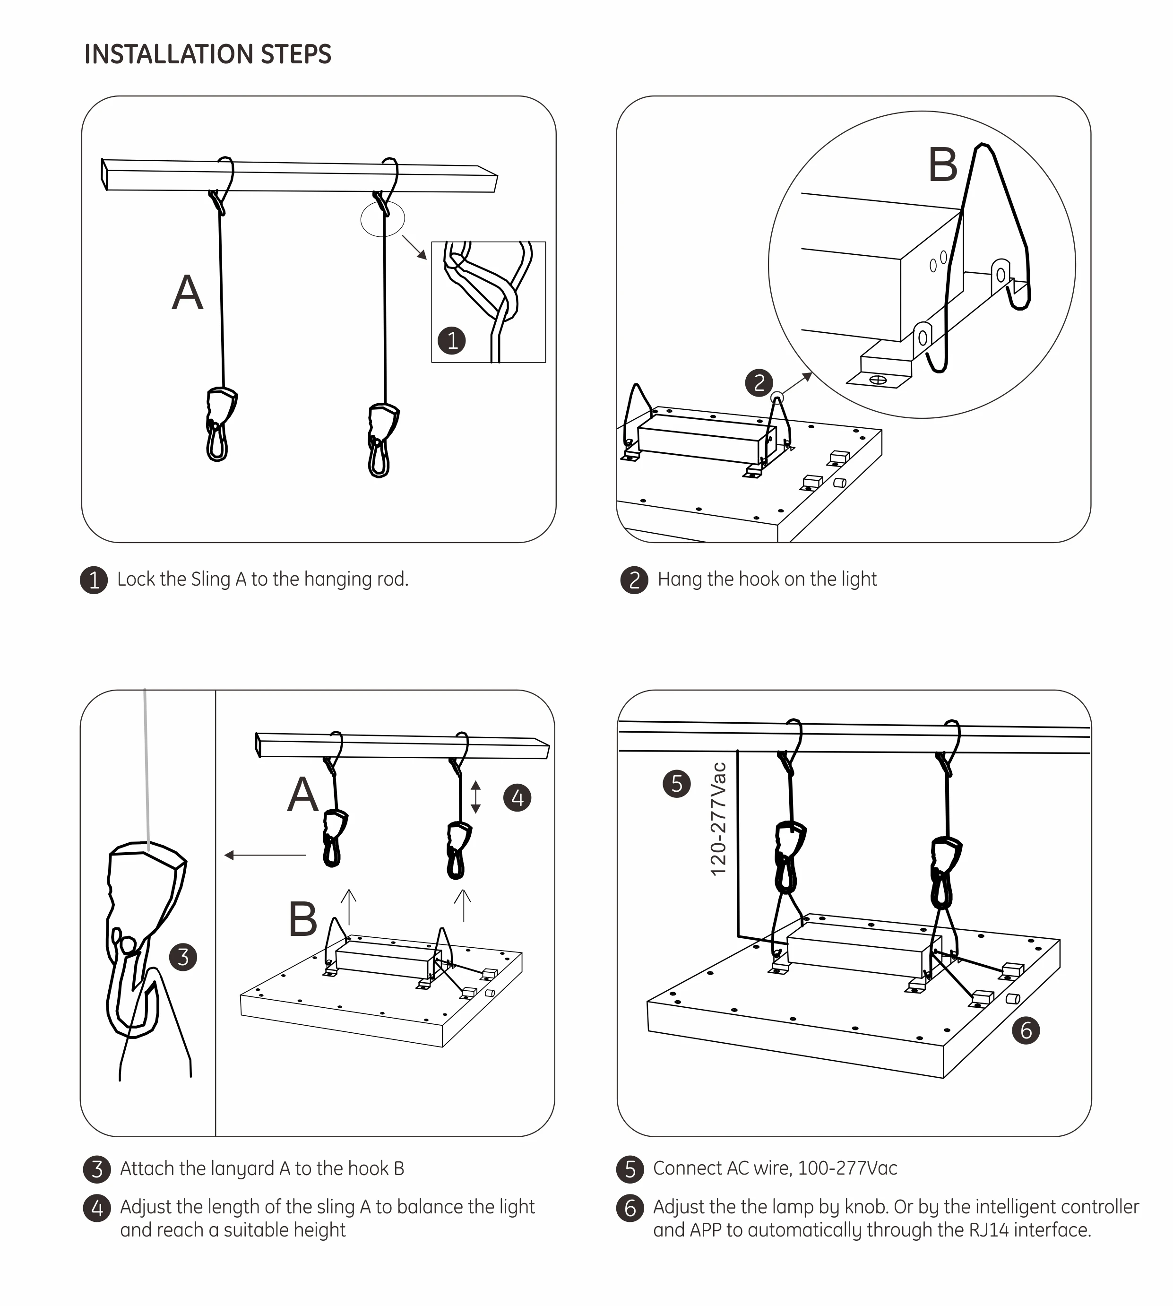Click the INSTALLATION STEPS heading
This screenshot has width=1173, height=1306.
tap(207, 54)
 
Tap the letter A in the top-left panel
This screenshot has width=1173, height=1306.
tap(188, 294)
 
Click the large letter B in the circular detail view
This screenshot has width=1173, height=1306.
tap(942, 165)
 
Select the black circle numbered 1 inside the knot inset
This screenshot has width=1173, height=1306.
tap(452, 340)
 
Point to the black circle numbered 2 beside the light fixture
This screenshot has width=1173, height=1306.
tap(759, 382)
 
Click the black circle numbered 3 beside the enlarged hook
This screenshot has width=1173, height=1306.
tap(183, 957)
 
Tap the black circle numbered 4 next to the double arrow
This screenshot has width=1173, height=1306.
tap(517, 798)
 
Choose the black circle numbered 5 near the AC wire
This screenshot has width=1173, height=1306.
tap(676, 784)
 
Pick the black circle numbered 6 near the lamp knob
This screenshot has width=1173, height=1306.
tap(1026, 1030)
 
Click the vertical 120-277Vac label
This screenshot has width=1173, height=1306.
tap(718, 819)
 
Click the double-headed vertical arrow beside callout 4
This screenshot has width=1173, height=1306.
tap(475, 797)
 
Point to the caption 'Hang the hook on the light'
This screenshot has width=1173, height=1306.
tap(767, 579)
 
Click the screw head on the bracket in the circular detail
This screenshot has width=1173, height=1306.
tap(878, 380)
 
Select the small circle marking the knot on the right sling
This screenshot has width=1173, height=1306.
tap(382, 219)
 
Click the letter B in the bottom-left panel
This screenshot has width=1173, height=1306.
tap(303, 918)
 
